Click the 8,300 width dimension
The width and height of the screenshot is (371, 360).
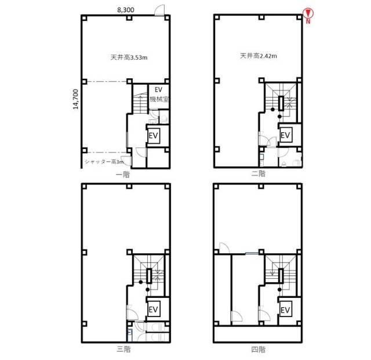pyautogui.click(x=126, y=10)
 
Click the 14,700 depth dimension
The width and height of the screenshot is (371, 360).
pyautogui.click(x=75, y=99)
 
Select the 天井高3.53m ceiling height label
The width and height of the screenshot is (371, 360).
pyautogui.click(x=129, y=57)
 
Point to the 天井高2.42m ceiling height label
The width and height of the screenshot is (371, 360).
pyautogui.click(x=259, y=56)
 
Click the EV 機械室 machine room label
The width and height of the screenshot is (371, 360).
pyautogui.click(x=159, y=94)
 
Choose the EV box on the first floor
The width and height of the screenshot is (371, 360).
pyautogui.click(x=153, y=136)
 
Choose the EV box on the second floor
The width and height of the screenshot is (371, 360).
pyautogui.click(x=285, y=135)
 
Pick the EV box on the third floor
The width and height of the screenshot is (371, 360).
pyautogui.click(x=153, y=309)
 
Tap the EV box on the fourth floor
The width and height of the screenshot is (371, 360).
pyautogui.click(x=285, y=309)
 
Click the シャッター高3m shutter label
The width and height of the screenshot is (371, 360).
pyautogui.click(x=104, y=162)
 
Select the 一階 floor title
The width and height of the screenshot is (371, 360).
pyautogui.click(x=123, y=174)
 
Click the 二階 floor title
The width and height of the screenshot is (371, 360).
pyautogui.click(x=259, y=174)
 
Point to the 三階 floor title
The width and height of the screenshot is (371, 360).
pyautogui.click(x=123, y=350)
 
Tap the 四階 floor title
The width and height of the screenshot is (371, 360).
pyautogui.click(x=259, y=350)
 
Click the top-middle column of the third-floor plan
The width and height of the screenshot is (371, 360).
pyautogui.click(x=129, y=186)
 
